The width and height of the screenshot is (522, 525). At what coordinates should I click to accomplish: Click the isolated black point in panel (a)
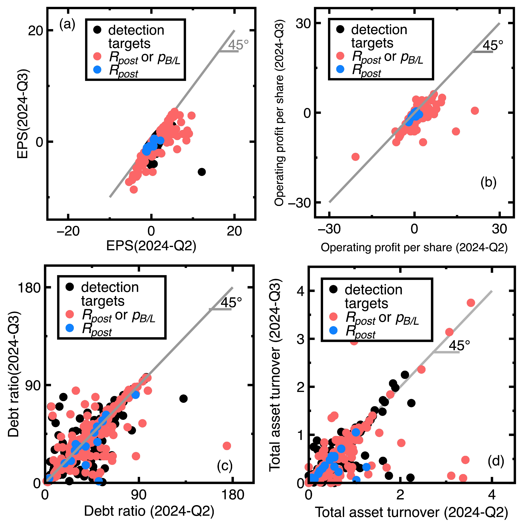(201, 172)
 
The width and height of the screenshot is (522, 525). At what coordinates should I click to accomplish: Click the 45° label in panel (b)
(493, 45)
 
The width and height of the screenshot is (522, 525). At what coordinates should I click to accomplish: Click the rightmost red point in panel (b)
(475, 111)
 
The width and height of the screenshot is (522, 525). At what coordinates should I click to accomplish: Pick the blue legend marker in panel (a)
(97, 70)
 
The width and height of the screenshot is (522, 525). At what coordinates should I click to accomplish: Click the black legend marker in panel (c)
(70, 287)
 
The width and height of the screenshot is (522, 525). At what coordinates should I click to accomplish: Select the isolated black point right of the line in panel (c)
(183, 399)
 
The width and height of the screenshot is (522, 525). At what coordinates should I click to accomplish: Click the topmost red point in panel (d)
(471, 303)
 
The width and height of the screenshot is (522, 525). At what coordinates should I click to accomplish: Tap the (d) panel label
(496, 461)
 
